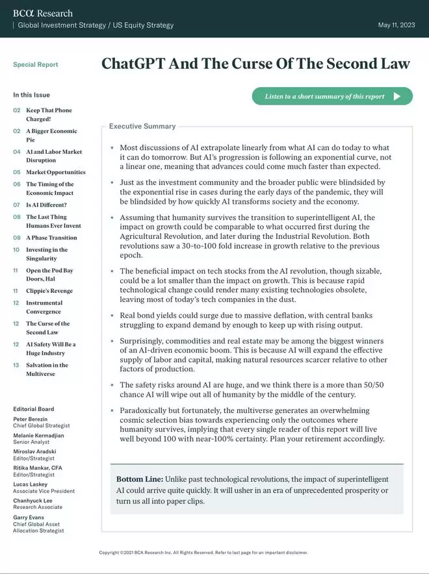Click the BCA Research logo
(x=43, y=13)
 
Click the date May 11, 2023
(x=396, y=25)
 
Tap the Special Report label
(x=35, y=65)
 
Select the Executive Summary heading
(x=142, y=127)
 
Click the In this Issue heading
(x=31, y=95)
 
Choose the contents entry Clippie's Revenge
(x=49, y=291)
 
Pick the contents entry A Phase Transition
(x=51, y=238)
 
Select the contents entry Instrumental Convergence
(x=44, y=307)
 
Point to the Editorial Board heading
(x=33, y=409)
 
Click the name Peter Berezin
(x=30, y=419)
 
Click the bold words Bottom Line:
(x=140, y=479)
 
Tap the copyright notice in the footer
(x=203, y=553)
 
